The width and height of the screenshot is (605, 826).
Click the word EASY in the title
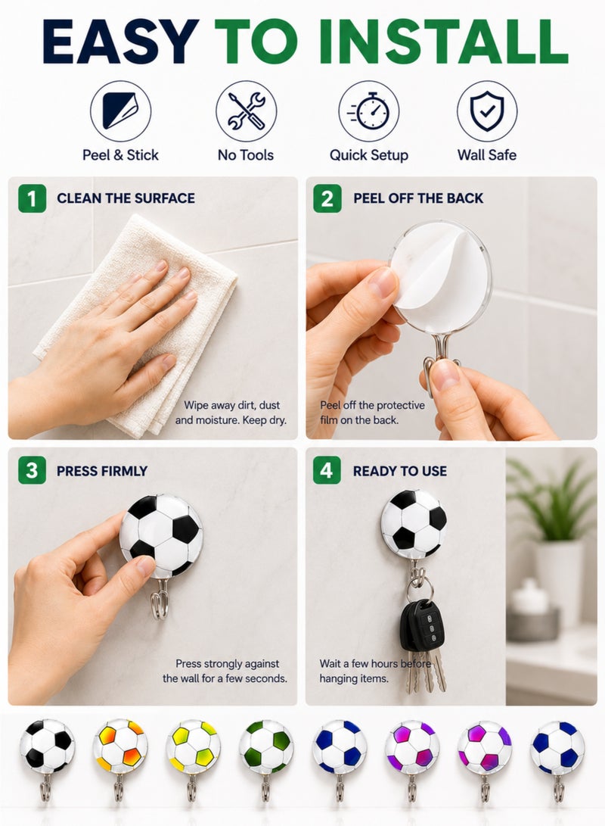(120, 42)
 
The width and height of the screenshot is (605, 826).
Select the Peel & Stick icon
(120, 111)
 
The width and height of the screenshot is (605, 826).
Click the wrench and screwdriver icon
(246, 111)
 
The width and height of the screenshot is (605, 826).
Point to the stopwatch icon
(369, 111)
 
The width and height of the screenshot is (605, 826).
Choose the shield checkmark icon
(486, 111)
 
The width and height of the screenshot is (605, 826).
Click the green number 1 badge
(32, 198)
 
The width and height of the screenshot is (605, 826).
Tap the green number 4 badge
(327, 470)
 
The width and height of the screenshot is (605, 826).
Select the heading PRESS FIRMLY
(102, 471)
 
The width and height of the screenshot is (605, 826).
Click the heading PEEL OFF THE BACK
(418, 198)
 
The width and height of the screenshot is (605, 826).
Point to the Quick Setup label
(369, 155)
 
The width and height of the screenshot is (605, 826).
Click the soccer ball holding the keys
(414, 523)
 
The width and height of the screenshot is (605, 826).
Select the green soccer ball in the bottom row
(266, 747)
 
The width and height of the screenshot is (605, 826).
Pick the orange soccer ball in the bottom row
(120, 747)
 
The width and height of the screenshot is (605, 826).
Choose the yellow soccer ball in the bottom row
(194, 747)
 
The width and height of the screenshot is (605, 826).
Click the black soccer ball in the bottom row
(48, 747)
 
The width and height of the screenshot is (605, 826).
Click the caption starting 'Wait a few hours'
(375, 671)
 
